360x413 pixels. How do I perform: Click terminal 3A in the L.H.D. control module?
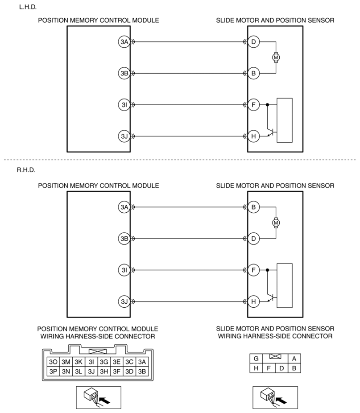(124, 41)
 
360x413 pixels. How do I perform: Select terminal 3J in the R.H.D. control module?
(124, 301)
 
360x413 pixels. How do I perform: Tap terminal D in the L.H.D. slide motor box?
(253, 41)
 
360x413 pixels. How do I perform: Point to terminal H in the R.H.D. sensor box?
(253, 301)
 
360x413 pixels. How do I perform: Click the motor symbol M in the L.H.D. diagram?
(276, 57)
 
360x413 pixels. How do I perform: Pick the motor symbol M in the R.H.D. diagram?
(276, 223)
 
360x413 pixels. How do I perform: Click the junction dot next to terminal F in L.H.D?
(267, 104)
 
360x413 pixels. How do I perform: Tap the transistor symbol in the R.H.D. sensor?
(271, 297)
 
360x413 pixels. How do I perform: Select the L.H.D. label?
(28, 7)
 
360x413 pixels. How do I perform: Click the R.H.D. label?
(26, 170)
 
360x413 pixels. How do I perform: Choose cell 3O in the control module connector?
(53, 362)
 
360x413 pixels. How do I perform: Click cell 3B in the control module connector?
(142, 372)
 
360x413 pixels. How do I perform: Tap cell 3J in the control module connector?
(91, 372)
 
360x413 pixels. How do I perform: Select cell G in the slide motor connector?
(256, 359)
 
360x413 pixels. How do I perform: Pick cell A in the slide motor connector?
(294, 359)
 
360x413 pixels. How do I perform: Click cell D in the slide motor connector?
(281, 368)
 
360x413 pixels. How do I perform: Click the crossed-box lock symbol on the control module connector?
(98, 351)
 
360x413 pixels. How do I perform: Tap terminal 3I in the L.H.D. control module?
(124, 104)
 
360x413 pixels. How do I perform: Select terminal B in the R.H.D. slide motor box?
(253, 207)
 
